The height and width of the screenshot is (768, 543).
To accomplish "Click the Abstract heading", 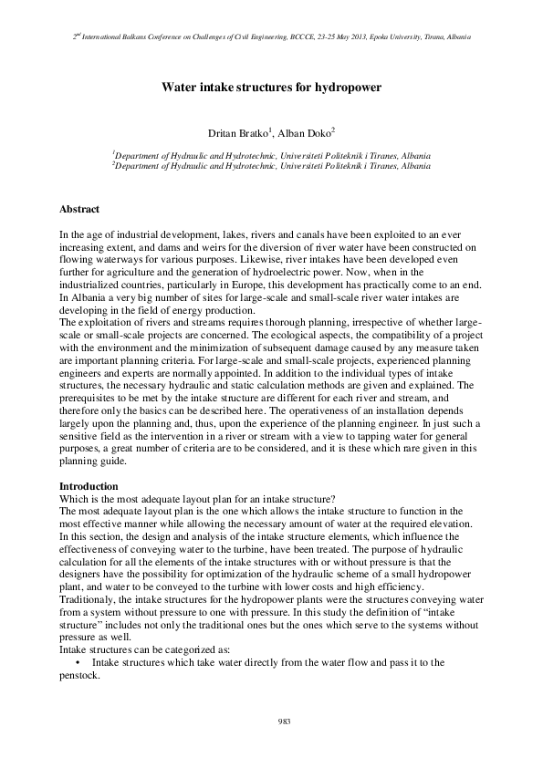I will [79, 209].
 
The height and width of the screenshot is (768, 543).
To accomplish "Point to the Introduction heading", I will [89, 486].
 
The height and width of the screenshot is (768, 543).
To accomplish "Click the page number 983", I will [283, 721].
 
